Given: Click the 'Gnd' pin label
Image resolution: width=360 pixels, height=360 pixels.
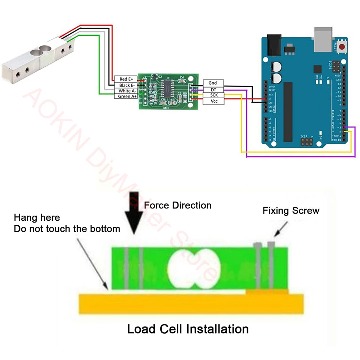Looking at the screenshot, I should (213, 83).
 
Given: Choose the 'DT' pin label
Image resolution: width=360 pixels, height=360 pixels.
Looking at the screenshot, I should (213, 89).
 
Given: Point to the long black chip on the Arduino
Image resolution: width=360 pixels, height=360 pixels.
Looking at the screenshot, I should (288, 112).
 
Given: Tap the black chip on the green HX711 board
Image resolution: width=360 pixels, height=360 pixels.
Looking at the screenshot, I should (167, 88).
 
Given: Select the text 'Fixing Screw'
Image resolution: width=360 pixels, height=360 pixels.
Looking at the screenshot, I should (291, 211).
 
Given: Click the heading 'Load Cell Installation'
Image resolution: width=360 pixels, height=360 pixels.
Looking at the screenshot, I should (188, 329).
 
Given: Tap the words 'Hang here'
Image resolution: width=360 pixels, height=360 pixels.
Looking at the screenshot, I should (37, 218).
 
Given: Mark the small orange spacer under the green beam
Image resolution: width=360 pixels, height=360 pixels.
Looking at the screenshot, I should (267, 291).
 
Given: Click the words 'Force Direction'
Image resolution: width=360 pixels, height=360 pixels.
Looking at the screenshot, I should (177, 206).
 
